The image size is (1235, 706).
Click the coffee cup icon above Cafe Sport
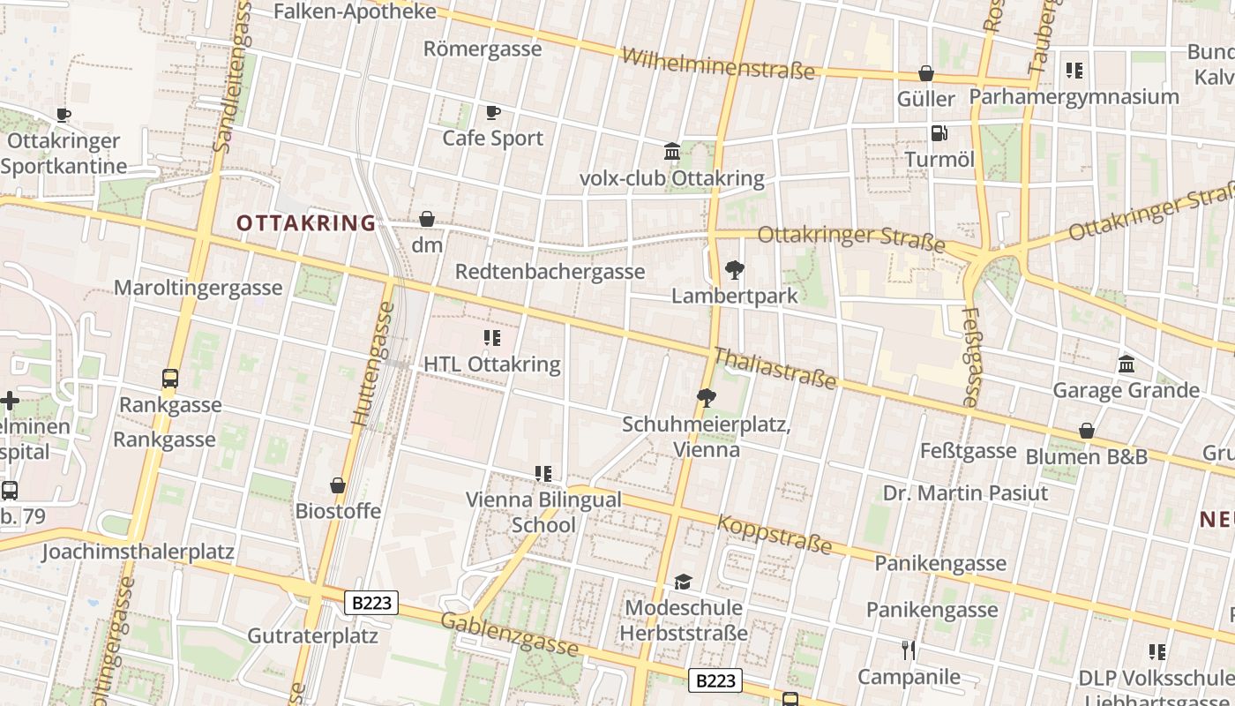click(493, 112)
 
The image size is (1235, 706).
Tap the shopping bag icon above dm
click(427, 219)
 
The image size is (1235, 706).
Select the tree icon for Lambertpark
click(734, 270)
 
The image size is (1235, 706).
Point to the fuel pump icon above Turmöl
click(939, 133)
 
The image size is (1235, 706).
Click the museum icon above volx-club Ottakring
click(672, 152)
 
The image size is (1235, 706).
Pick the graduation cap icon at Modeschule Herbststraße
click(683, 582)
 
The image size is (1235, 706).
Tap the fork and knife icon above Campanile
click(909, 650)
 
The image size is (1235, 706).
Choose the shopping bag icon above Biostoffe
click(338, 485)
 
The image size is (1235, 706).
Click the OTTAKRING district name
click(306, 223)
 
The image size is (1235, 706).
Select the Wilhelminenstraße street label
click(718, 64)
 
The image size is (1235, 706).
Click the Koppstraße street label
click(774, 533)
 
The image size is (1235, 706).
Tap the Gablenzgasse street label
click(509, 635)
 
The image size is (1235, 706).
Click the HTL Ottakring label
click(491, 364)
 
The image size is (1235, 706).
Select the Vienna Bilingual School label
click(543, 512)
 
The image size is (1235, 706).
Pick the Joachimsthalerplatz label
click(138, 552)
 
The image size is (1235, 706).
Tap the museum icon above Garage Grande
click(1126, 364)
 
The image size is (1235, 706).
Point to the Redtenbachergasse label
click(550, 271)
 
